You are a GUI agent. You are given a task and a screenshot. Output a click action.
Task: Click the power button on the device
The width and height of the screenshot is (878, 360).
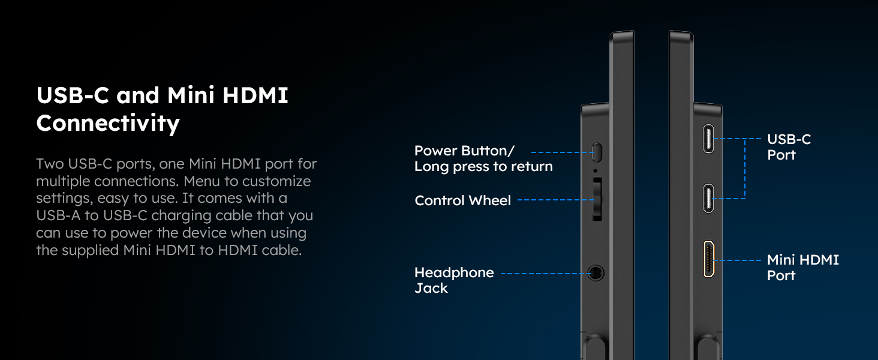596,152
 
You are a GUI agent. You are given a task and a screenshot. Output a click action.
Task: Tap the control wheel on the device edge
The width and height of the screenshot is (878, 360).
597,199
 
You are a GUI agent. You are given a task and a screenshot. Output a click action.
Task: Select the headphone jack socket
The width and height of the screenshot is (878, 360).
596,273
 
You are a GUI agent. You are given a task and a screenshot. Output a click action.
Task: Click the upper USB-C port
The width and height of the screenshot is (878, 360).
709,139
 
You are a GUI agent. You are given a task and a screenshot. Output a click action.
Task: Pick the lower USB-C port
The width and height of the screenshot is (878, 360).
709,199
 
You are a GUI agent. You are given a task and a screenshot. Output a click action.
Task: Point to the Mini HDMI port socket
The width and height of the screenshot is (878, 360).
709,259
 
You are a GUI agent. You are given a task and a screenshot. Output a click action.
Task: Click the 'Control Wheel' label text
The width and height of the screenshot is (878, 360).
462,200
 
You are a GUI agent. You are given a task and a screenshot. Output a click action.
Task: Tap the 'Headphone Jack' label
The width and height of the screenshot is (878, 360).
454,280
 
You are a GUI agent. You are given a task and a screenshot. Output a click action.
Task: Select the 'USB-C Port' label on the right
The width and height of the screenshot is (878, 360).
789,147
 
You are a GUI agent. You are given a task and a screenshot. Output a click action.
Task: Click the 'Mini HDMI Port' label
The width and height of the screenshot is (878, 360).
803,268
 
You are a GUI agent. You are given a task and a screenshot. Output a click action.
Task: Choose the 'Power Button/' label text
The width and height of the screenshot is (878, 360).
464,151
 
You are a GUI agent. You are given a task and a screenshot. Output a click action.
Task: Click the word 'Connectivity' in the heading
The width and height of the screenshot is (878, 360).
108,123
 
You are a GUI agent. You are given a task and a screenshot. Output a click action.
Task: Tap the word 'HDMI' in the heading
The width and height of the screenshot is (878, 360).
255,95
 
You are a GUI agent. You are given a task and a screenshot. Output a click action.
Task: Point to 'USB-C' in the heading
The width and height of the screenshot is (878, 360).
73,95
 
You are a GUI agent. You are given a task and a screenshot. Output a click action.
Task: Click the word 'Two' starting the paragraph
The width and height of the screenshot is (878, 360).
50,164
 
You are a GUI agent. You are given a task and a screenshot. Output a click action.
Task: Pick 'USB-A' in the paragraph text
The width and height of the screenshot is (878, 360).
58,215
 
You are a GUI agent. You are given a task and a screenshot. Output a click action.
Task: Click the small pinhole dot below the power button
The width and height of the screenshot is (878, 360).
596,170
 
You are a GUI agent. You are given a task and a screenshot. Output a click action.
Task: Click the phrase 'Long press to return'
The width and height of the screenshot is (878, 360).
483,167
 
